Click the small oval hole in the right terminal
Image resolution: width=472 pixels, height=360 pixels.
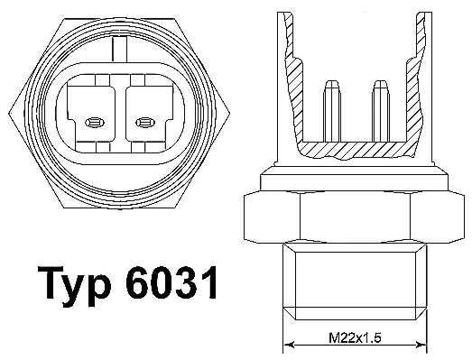143,121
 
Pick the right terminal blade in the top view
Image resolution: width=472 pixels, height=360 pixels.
143,113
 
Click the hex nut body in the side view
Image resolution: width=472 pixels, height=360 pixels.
353,213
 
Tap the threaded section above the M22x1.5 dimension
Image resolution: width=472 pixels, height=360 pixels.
353,280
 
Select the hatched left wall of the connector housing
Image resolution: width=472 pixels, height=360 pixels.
290,81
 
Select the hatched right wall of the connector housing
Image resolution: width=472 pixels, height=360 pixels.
416,81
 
